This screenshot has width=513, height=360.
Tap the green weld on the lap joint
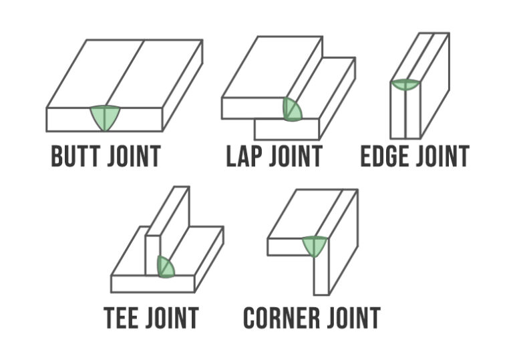292,110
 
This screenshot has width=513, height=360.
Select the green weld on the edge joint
405,84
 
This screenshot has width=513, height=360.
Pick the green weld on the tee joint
165,266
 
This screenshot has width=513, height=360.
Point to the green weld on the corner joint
315,246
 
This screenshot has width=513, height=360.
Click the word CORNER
282,317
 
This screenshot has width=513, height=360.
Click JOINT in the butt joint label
134,156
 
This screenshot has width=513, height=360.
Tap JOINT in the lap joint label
296,156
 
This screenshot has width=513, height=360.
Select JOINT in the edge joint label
442,156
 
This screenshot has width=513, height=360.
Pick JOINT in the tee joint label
172,317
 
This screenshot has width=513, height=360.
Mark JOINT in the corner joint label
353,317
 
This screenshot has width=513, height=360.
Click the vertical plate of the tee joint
168,230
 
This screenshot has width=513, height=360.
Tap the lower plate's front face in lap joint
287,130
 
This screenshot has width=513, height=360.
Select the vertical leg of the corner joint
336,242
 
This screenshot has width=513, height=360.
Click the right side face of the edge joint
435,85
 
